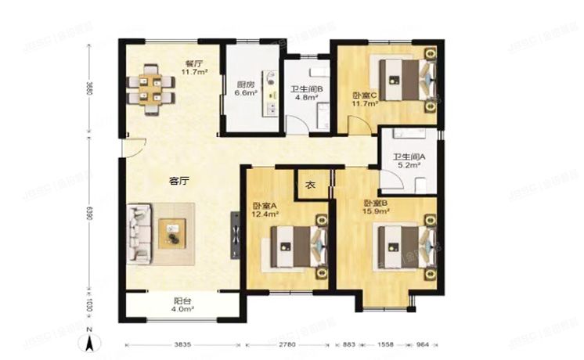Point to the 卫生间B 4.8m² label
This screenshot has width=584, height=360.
coord(307,94)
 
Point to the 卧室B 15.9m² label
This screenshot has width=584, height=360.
coord(376,207)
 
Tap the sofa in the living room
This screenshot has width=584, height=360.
coord(139,227)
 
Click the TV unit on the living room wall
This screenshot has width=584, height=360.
coord(235,232)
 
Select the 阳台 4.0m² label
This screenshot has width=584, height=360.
coord(180,304)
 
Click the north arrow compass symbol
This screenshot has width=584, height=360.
coord(91,340)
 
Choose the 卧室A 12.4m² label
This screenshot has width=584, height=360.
coord(265,210)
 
